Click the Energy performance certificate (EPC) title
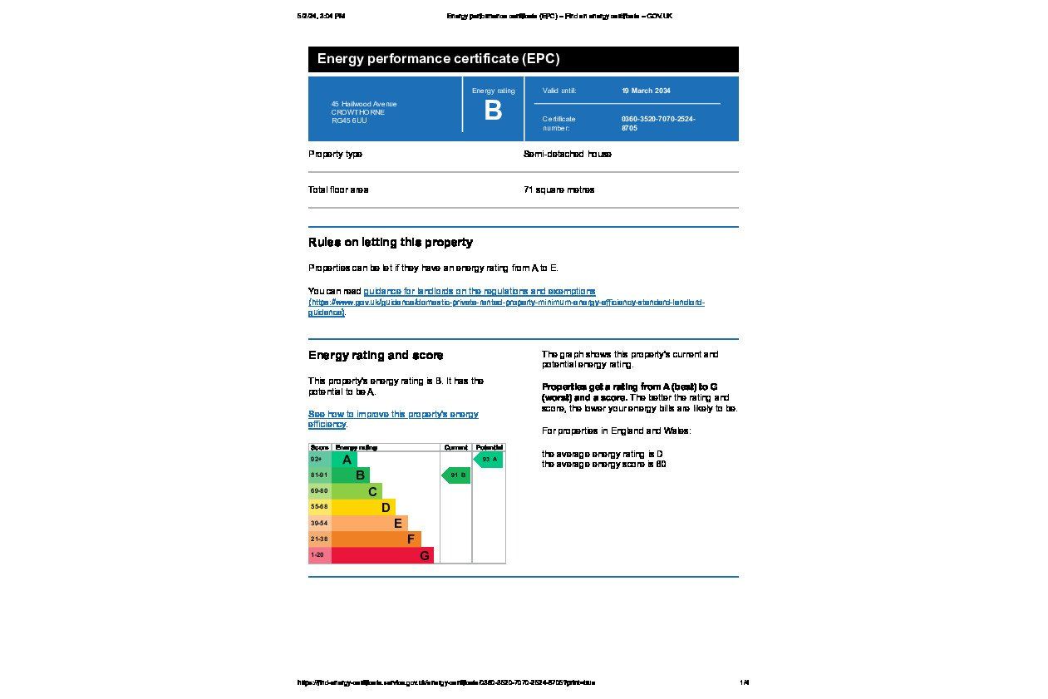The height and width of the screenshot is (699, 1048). [x=438, y=59]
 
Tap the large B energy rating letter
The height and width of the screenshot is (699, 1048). [x=493, y=111]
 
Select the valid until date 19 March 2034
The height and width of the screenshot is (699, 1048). [x=646, y=91]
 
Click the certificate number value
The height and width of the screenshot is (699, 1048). [x=657, y=123]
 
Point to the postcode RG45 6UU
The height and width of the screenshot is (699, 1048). [x=349, y=121]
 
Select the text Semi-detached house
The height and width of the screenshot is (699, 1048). [x=567, y=154]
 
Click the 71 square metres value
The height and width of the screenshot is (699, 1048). [x=558, y=190]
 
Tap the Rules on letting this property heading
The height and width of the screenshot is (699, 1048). [x=390, y=243]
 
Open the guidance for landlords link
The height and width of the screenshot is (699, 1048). [x=479, y=292]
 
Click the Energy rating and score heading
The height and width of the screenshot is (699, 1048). [x=376, y=356]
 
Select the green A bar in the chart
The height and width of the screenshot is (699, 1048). [x=344, y=460]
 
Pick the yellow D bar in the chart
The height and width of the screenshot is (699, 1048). [x=363, y=507]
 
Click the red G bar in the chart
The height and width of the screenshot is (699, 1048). [x=382, y=555]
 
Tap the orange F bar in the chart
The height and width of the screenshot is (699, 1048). [x=376, y=539]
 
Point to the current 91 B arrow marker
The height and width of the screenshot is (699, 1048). [x=456, y=475]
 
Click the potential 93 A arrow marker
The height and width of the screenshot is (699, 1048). [x=489, y=460]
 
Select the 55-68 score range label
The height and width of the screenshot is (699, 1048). [x=319, y=507]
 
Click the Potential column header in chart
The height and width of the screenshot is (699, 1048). [x=489, y=447]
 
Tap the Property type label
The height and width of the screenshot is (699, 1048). [x=335, y=154]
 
